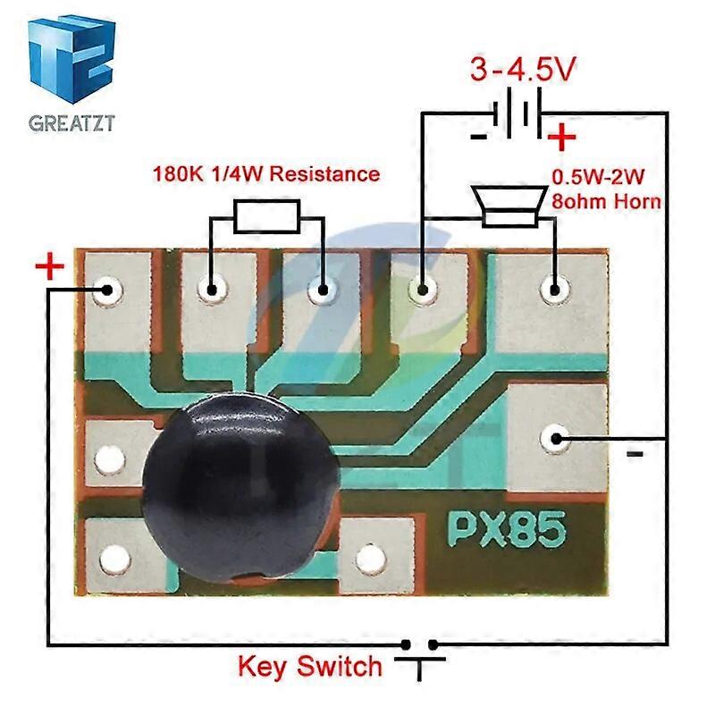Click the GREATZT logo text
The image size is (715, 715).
point(71,123)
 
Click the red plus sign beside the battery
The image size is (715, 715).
point(561,138)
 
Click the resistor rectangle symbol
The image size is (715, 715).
point(266,214)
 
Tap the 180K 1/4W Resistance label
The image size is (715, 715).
point(265,173)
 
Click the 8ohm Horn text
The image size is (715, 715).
point(606,202)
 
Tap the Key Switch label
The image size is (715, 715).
point(310,666)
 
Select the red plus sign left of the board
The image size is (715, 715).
point(50,266)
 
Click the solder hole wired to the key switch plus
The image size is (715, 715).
point(108,289)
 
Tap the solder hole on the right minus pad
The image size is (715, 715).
point(555,438)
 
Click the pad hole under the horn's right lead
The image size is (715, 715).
point(554,289)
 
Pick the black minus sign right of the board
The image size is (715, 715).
point(635,454)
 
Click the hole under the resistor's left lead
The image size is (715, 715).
point(212,289)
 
